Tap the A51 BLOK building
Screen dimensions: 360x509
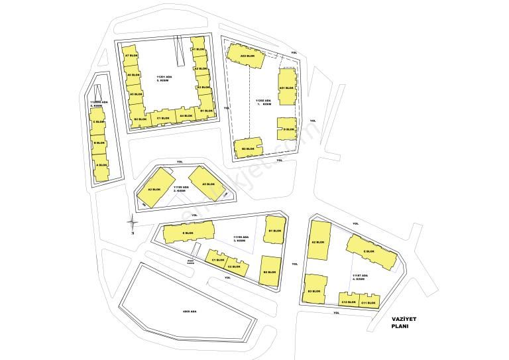pos(286,88)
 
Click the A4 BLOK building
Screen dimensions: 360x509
pos(186,116)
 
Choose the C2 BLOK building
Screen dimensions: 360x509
pos(234,267)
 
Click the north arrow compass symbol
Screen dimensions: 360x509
pos(133,223)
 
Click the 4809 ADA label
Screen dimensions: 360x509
pos(190,312)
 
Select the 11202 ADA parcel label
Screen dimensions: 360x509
pos(264,101)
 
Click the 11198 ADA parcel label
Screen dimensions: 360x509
pos(241,237)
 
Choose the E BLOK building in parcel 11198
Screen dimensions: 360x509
pos(188,233)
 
